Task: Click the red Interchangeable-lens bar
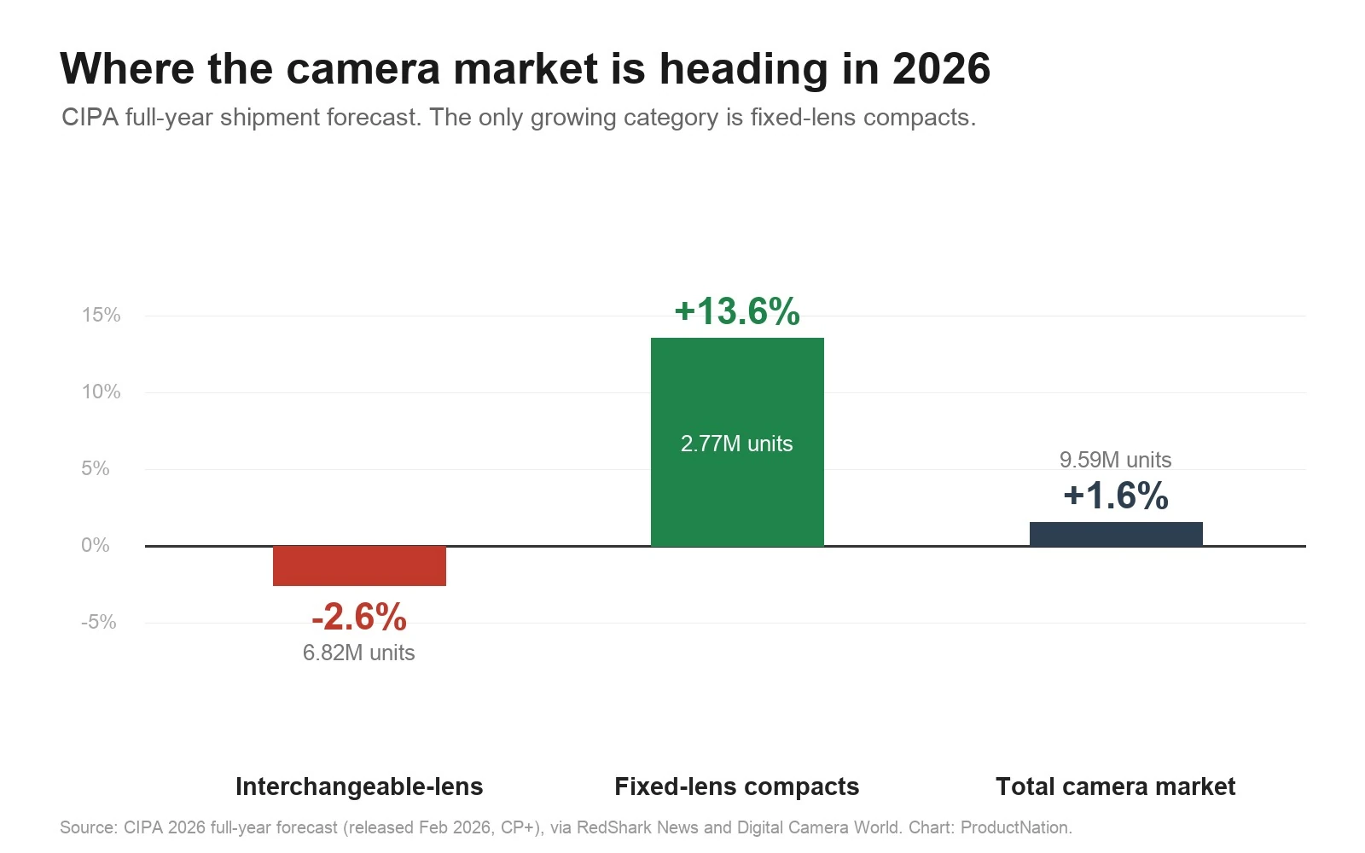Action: (x=359, y=566)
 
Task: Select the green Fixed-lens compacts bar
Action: (x=737, y=443)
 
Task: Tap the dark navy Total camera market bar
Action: (x=1117, y=534)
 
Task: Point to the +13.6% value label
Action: (x=737, y=311)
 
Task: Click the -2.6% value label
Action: (x=359, y=617)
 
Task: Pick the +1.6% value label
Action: (x=1116, y=495)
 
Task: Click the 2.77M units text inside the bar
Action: (x=737, y=444)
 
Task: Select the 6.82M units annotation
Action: (x=359, y=653)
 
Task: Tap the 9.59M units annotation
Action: (x=1115, y=460)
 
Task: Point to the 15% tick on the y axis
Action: (x=102, y=315)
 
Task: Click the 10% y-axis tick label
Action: (x=102, y=392)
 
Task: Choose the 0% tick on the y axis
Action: (x=95, y=545)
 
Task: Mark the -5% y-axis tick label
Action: (x=99, y=622)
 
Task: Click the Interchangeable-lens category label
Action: (x=359, y=786)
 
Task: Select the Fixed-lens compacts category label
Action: (x=737, y=786)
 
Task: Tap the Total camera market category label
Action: (x=1116, y=786)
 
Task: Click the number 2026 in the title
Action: (x=942, y=68)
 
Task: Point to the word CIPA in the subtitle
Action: (x=90, y=117)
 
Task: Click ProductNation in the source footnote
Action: (x=1015, y=827)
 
